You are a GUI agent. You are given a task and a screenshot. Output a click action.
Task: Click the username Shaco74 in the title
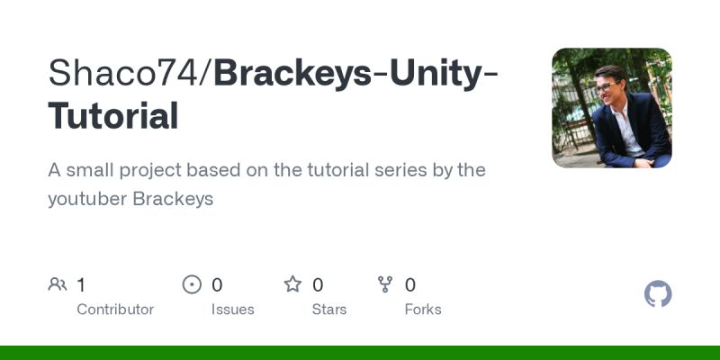(127, 74)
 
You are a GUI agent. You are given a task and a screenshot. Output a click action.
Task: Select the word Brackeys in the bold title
(292, 74)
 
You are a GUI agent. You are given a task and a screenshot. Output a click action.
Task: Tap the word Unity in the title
(431, 74)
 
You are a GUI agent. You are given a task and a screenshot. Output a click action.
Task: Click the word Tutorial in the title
(112, 117)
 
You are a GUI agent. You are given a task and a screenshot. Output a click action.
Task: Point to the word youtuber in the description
(87, 199)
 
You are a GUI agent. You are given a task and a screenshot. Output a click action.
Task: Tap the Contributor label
(115, 310)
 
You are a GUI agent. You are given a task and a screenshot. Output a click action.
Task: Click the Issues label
(232, 310)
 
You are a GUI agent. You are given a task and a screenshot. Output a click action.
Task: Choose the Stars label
(330, 310)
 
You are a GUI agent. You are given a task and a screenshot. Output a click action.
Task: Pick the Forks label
(423, 310)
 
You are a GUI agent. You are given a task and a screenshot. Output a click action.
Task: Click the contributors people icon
(58, 285)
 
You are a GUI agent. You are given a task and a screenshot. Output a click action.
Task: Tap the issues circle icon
(192, 285)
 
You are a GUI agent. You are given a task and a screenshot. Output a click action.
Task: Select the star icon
(292, 285)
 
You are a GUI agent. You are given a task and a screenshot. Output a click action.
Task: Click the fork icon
(385, 285)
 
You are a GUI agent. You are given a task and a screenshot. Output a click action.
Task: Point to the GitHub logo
(659, 294)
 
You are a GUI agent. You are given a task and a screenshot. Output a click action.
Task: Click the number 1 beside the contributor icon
(81, 285)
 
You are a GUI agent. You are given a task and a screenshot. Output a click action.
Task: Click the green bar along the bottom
(360, 353)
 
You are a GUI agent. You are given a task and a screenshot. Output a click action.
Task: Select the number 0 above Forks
(410, 285)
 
